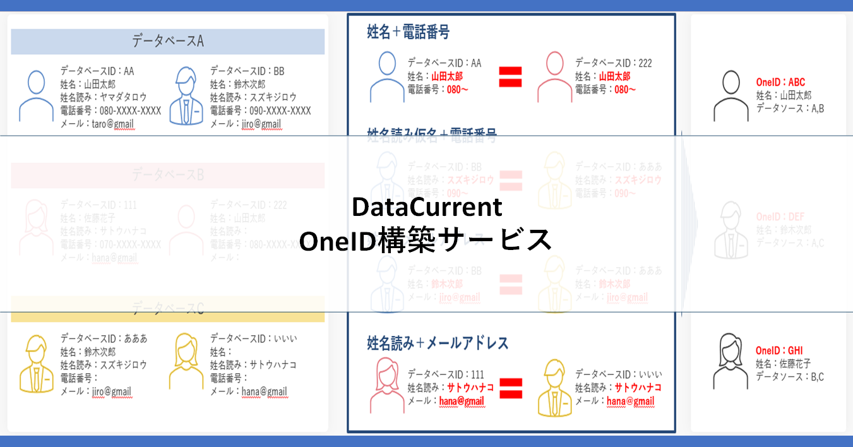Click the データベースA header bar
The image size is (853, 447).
click(x=167, y=42)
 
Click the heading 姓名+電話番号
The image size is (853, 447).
click(x=408, y=32)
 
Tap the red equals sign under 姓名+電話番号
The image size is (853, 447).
click(x=510, y=77)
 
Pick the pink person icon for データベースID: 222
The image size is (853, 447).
click(x=554, y=76)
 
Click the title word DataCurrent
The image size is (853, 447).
click(x=427, y=207)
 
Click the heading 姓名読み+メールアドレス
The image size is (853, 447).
click(x=438, y=343)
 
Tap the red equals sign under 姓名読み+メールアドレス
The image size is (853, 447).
click(x=510, y=388)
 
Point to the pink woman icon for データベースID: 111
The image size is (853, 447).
click(x=387, y=385)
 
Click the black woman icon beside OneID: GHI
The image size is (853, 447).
click(x=731, y=362)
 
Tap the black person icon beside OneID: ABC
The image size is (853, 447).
click(x=731, y=95)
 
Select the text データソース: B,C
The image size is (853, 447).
click(x=790, y=377)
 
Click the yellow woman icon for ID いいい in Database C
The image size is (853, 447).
click(x=186, y=361)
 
